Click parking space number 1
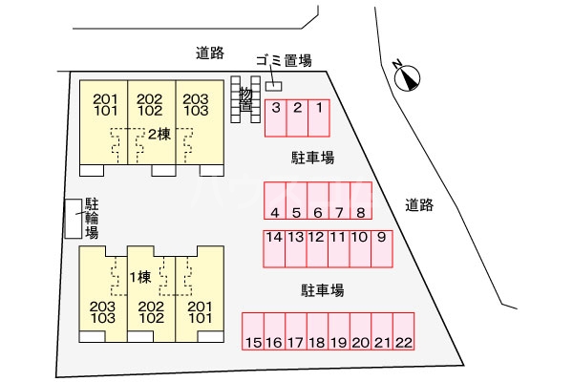click(x=319, y=118)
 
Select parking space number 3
click(x=276, y=118)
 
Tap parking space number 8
click(x=361, y=201)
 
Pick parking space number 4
click(x=275, y=201)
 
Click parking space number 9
click(x=382, y=249)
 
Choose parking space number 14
click(x=274, y=249)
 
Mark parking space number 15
click(x=253, y=331)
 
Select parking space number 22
click(x=404, y=331)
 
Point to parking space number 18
click(x=318, y=331)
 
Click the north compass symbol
click(x=407, y=77)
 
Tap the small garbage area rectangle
click(x=274, y=86)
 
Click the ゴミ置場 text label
click(x=284, y=60)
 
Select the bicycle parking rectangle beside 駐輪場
click(x=74, y=219)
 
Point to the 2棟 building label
click(x=159, y=135)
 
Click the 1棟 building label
click(x=140, y=277)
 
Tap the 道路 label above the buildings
click(x=210, y=53)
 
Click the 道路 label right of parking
click(x=419, y=205)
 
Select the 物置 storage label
click(x=246, y=98)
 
